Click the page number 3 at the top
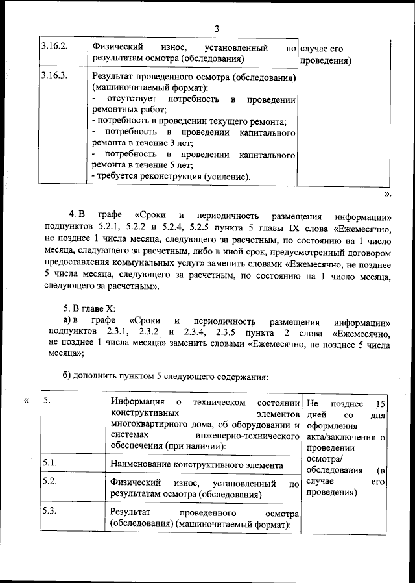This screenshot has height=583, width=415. coord(217,29)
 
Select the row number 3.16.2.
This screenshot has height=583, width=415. coord(54,48)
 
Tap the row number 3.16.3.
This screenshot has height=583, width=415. coord(54,77)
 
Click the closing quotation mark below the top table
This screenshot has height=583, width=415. coord(388,193)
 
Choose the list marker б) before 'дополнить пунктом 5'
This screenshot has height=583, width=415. coord(67,377)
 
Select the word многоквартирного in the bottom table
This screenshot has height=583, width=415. coord(148,425)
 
